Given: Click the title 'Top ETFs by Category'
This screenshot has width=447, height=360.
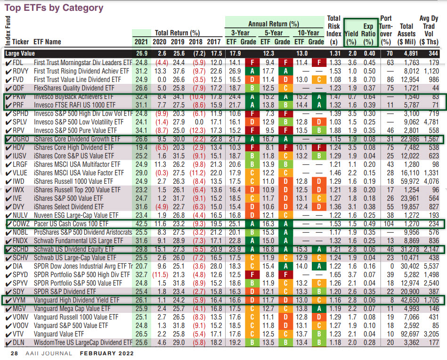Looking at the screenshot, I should pos(54,8).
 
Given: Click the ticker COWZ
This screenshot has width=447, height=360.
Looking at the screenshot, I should pos(22,223).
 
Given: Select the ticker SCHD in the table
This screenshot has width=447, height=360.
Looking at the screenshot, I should pos(21,249).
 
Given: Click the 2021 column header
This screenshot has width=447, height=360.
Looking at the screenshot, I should pos(141,41).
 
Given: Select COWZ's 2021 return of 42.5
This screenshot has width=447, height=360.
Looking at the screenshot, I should pos(141,223).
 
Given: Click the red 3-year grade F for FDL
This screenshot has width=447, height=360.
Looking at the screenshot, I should pos(253,62).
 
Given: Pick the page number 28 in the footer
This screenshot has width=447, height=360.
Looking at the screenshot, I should pos(15,353).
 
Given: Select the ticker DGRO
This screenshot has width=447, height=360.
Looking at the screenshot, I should pos(22,139).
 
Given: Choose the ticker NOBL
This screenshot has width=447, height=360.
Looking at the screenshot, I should pos(21,232).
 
